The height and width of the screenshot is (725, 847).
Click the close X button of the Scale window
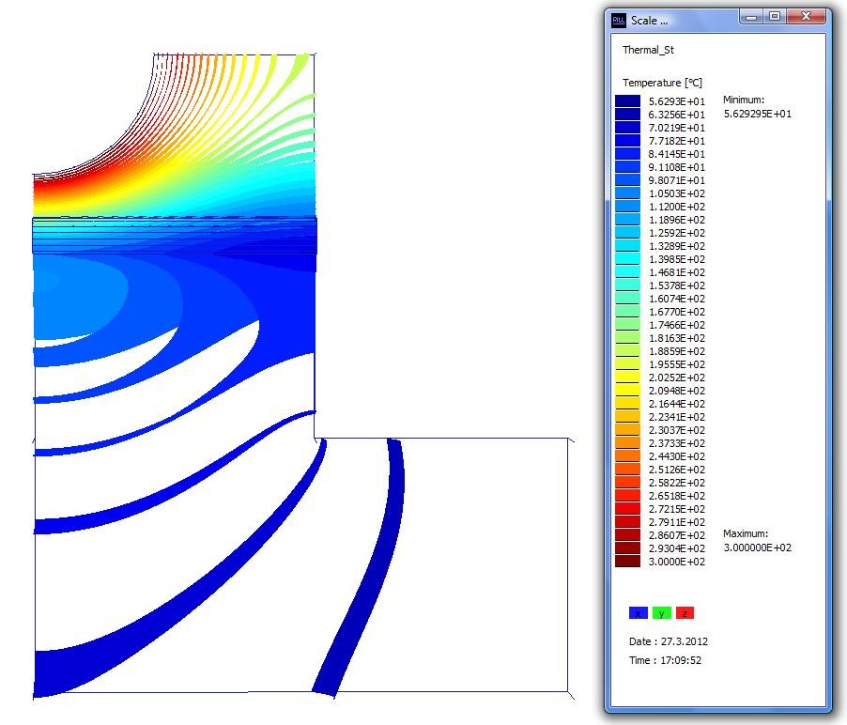point(806,17)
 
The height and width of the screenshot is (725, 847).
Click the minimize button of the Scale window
point(751,17)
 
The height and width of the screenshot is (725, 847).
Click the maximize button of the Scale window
point(775,17)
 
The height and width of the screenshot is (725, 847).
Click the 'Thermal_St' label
point(648,50)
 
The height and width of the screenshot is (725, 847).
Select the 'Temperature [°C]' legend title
point(662,83)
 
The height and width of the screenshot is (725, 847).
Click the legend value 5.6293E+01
point(677,101)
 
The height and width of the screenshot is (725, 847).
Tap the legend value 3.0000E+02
point(677,562)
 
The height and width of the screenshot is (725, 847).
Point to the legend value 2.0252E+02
point(677,378)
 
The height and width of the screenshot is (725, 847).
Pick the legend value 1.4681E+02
point(677,272)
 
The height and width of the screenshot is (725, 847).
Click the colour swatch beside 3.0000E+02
point(627,561)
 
